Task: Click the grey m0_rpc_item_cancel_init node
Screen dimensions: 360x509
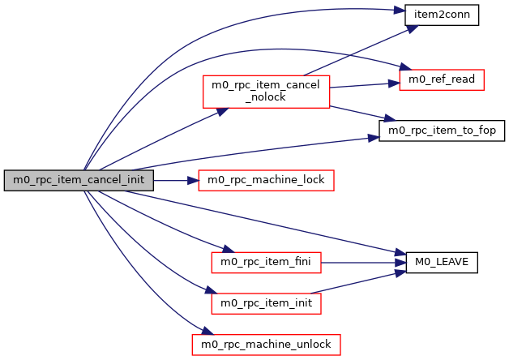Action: pos(79,180)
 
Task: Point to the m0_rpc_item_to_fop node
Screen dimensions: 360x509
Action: pos(443,130)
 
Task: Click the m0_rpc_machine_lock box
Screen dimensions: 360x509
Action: pos(267,180)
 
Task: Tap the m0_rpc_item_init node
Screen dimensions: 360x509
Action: pos(266,303)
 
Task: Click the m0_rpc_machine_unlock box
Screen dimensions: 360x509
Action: pos(266,345)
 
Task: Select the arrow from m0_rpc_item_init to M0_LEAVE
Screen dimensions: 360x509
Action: pos(357,282)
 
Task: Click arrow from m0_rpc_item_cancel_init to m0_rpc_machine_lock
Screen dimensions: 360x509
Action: pos(174,180)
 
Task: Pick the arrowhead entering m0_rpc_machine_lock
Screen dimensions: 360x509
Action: pos(193,180)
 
